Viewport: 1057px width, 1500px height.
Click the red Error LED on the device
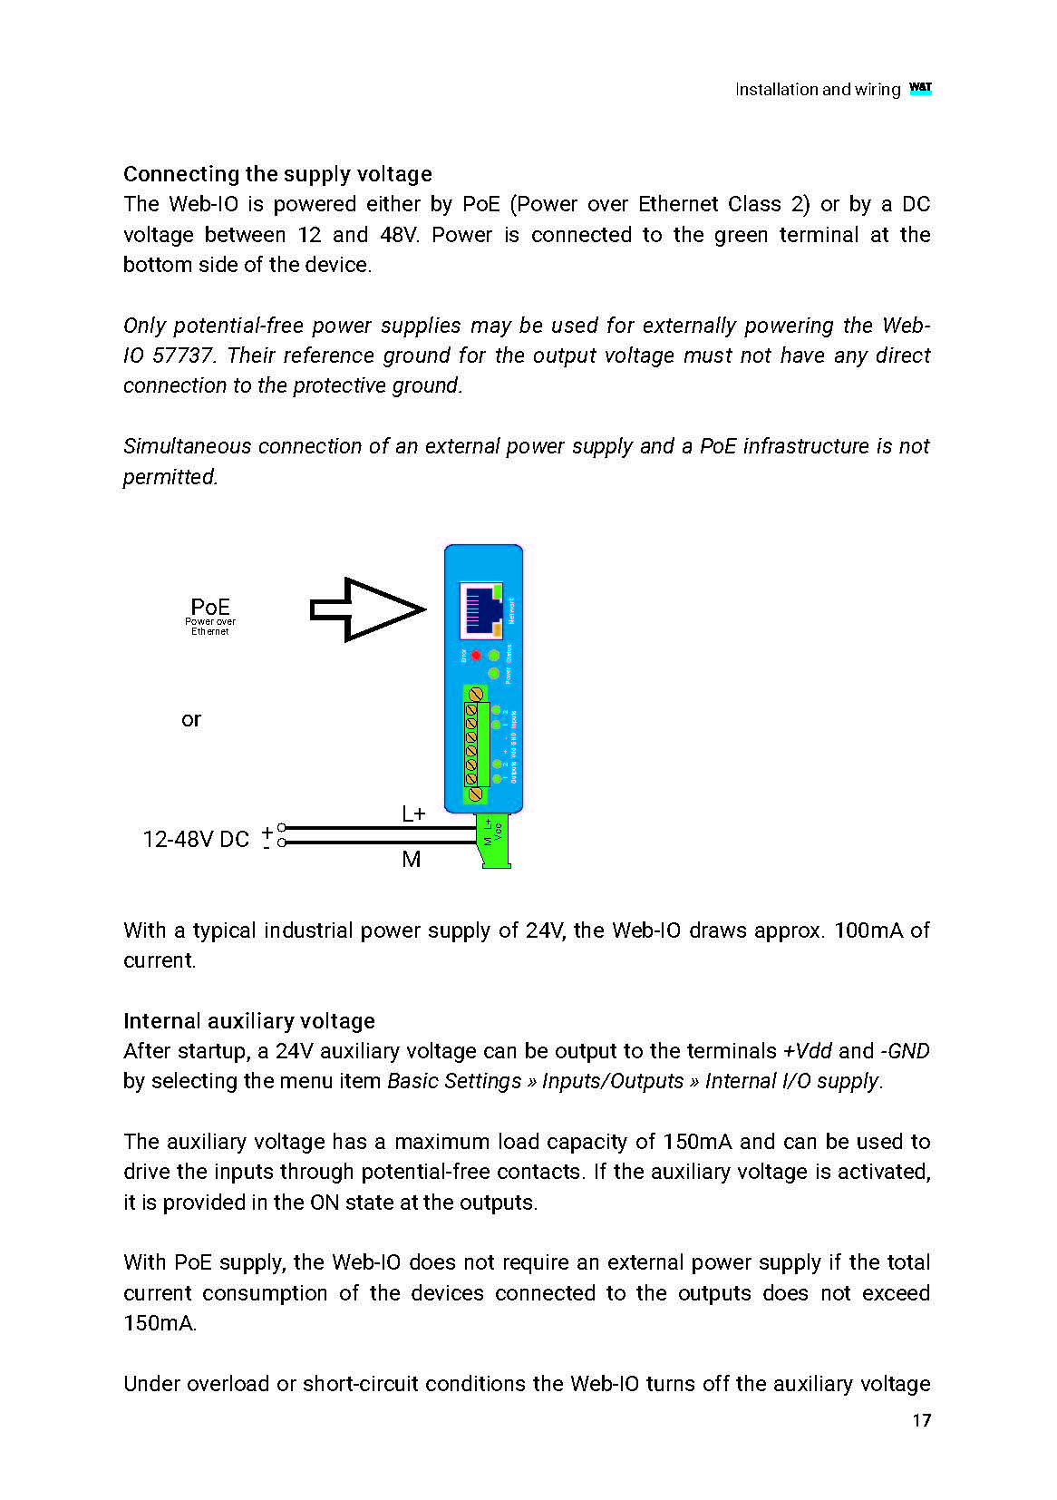pyautogui.click(x=476, y=655)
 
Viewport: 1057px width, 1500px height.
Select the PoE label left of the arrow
pyautogui.click(x=210, y=608)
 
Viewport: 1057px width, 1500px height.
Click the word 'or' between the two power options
pyautogui.click(x=190, y=720)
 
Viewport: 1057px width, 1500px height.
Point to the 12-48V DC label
pyautogui.click(x=196, y=840)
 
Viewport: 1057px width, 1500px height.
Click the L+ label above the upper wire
pyautogui.click(x=413, y=814)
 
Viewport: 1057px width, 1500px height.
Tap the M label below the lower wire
pyautogui.click(x=412, y=860)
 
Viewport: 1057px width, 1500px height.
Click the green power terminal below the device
pyautogui.click(x=494, y=840)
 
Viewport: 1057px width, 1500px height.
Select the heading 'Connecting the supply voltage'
pyautogui.click(x=277, y=174)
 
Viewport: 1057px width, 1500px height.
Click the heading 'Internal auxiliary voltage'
pyautogui.click(x=249, y=1021)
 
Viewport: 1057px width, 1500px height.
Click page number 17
pyautogui.click(x=921, y=1421)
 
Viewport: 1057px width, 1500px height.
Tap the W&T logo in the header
pyautogui.click(x=920, y=88)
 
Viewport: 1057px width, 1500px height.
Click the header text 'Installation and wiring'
pyautogui.click(x=817, y=90)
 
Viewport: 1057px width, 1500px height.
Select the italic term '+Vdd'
pyautogui.click(x=807, y=1051)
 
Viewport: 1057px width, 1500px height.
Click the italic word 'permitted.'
pyautogui.click(x=170, y=477)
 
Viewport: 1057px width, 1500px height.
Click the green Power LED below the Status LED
pyautogui.click(x=493, y=674)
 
